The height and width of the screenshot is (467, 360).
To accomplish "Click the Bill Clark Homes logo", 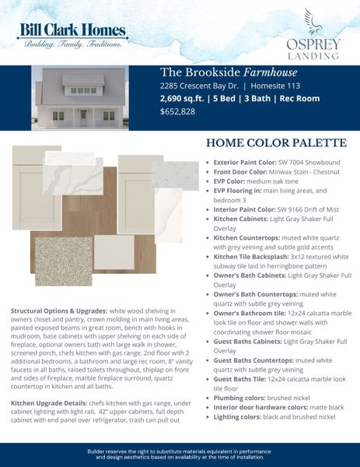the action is (x=74, y=35).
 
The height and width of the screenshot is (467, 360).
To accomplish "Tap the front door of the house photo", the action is (x=84, y=117).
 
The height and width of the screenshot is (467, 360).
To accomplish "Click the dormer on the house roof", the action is (x=84, y=90).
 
